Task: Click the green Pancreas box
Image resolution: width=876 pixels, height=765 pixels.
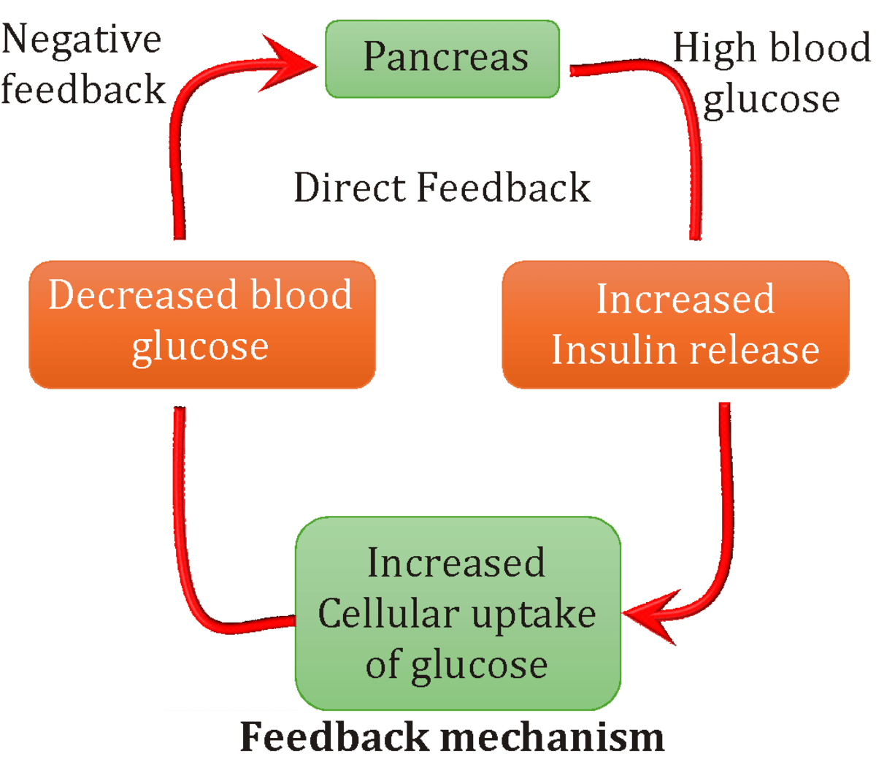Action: [442, 58]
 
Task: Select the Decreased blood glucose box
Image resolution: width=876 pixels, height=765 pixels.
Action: [201, 324]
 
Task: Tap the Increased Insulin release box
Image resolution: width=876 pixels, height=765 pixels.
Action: [676, 324]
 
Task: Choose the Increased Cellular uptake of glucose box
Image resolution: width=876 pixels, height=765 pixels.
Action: [458, 613]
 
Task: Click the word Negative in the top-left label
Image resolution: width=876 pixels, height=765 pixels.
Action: [81, 39]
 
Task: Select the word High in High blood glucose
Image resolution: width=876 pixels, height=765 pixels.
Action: [713, 50]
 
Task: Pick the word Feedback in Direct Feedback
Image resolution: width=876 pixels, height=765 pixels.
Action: [503, 188]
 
